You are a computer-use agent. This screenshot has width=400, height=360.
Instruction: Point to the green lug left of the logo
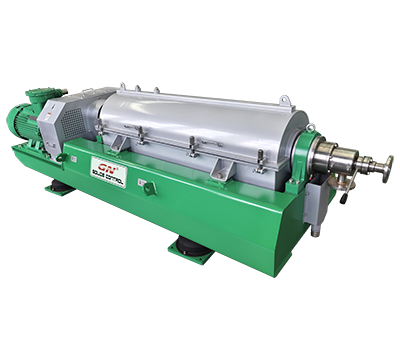pyautogui.click(x=61, y=157)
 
